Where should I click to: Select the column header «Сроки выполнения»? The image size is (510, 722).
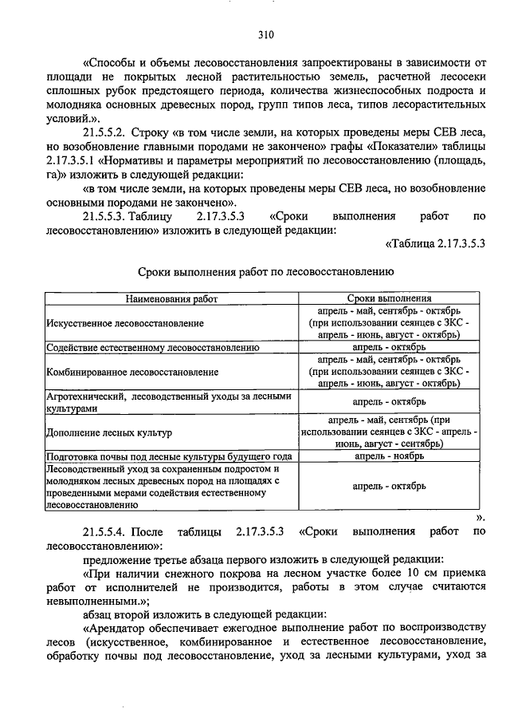389,298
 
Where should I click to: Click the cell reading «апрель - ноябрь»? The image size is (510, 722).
389,456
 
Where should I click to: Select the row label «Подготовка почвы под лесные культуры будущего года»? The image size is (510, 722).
159,456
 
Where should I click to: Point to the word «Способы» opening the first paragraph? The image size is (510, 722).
112,63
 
